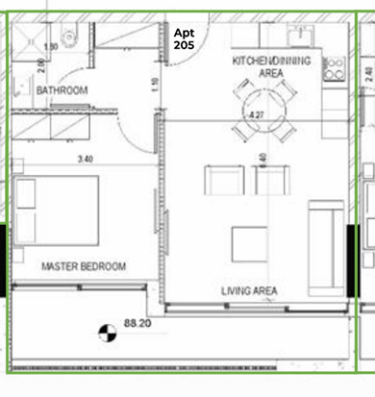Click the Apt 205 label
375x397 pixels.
pos(184,37)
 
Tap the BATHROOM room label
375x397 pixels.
pos(62,90)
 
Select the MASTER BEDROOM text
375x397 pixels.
pos(84,266)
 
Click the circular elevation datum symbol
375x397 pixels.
pos(105,335)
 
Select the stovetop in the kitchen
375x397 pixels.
pos(336,68)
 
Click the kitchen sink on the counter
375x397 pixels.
pos(299,36)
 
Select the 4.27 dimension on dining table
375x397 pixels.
pos(256,115)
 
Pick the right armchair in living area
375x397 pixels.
pos(273,181)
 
